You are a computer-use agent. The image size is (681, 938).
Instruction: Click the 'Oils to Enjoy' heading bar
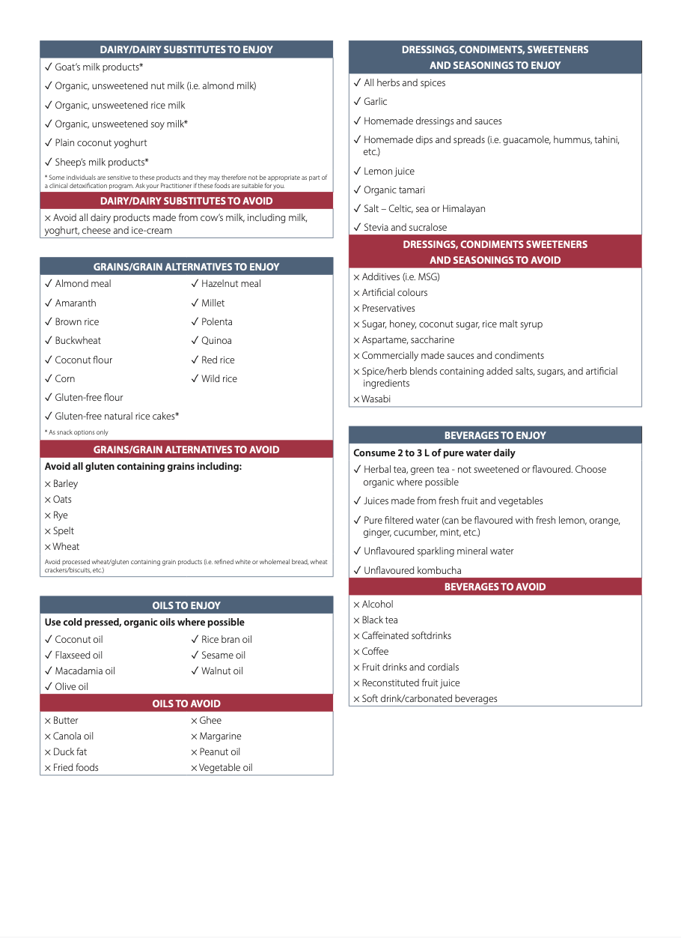click(x=186, y=605)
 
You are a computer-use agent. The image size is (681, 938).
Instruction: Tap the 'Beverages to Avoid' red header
click(x=495, y=587)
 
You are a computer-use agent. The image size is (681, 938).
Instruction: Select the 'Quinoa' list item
click(x=216, y=341)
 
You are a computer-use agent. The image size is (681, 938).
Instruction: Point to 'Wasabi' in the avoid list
click(x=376, y=399)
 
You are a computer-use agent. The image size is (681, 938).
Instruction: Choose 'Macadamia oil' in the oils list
click(x=85, y=671)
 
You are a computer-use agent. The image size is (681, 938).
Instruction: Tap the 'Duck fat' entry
click(x=70, y=752)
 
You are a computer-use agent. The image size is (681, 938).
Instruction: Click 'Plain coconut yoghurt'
click(x=100, y=143)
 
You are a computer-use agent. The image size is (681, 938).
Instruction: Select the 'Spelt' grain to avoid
click(x=64, y=531)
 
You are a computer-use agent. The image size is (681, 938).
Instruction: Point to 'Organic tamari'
click(x=394, y=190)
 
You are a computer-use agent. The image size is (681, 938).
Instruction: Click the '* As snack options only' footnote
click(x=76, y=432)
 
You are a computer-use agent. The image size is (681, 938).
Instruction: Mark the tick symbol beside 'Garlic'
click(x=357, y=102)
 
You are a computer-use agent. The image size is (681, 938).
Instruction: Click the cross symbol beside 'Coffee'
click(x=356, y=652)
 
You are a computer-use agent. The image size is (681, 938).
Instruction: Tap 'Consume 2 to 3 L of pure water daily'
click(x=434, y=453)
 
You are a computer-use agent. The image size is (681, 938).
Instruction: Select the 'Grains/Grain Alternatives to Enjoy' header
click(x=186, y=267)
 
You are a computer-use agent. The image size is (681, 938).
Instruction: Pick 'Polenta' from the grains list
click(x=216, y=322)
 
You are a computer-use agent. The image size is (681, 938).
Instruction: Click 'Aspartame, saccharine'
click(x=408, y=340)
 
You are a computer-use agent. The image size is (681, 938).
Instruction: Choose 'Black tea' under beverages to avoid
click(x=379, y=620)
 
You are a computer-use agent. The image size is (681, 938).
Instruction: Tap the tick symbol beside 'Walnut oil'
click(x=195, y=671)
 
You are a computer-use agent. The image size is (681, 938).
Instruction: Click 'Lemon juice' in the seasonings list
click(x=388, y=172)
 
